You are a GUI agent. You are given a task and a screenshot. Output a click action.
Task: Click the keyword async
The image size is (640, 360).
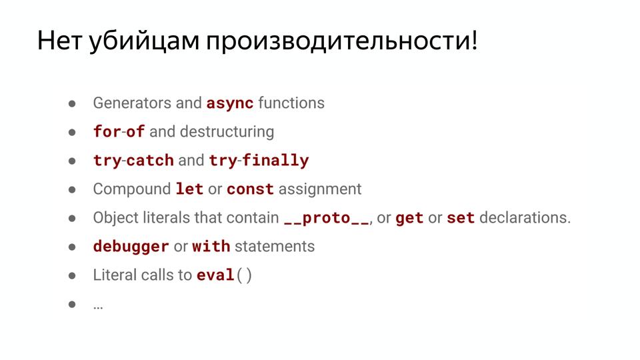tap(230, 103)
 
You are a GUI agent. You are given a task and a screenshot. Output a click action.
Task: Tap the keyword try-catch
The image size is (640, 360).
tap(133, 161)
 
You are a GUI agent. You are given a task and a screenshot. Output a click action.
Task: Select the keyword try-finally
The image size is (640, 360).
tap(259, 161)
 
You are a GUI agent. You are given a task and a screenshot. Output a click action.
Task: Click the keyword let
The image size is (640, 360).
tap(189, 189)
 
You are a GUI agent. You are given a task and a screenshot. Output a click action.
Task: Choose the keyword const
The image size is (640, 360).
tap(250, 189)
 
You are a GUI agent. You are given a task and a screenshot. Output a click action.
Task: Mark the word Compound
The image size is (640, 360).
tap(132, 189)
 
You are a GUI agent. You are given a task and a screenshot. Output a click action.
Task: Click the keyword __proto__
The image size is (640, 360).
tap(326, 218)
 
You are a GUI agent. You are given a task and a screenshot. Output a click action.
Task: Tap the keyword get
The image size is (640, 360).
tap(409, 218)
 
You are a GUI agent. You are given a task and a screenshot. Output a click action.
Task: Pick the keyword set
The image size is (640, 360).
tap(461, 218)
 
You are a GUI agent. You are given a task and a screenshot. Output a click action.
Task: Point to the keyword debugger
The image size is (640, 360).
tap(131, 247)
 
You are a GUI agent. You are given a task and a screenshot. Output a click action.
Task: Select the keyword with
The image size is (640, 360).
tap(211, 247)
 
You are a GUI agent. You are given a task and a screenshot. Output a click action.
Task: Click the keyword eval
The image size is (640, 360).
tap(215, 275)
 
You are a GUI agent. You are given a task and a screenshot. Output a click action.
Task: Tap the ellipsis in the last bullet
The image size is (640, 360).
tap(98, 305)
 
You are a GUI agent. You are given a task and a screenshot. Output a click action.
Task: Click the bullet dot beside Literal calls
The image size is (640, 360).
tap(73, 275)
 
